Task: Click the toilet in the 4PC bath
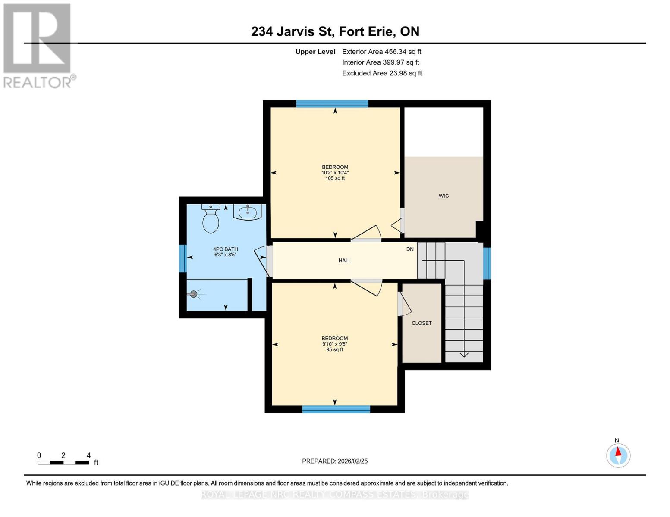coord(211,218)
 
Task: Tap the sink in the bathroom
coord(247,212)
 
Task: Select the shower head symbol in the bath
coord(194,294)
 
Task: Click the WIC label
coord(444,196)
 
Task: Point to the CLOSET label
coord(422,323)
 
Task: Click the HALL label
coord(345,261)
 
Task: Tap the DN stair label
coord(410,249)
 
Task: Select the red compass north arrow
coord(618,452)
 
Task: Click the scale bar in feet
coord(63,463)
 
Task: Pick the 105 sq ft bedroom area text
coord(335,178)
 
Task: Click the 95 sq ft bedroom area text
coord(334,349)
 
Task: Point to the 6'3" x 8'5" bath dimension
coord(225,255)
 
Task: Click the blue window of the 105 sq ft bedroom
coord(332,103)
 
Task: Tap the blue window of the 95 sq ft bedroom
coord(336,409)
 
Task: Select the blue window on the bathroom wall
coord(183,258)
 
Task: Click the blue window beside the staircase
coord(487,263)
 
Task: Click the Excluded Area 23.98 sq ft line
coord(382,73)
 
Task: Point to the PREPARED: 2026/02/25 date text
coord(335,461)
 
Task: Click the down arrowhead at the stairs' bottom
coord(464,355)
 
